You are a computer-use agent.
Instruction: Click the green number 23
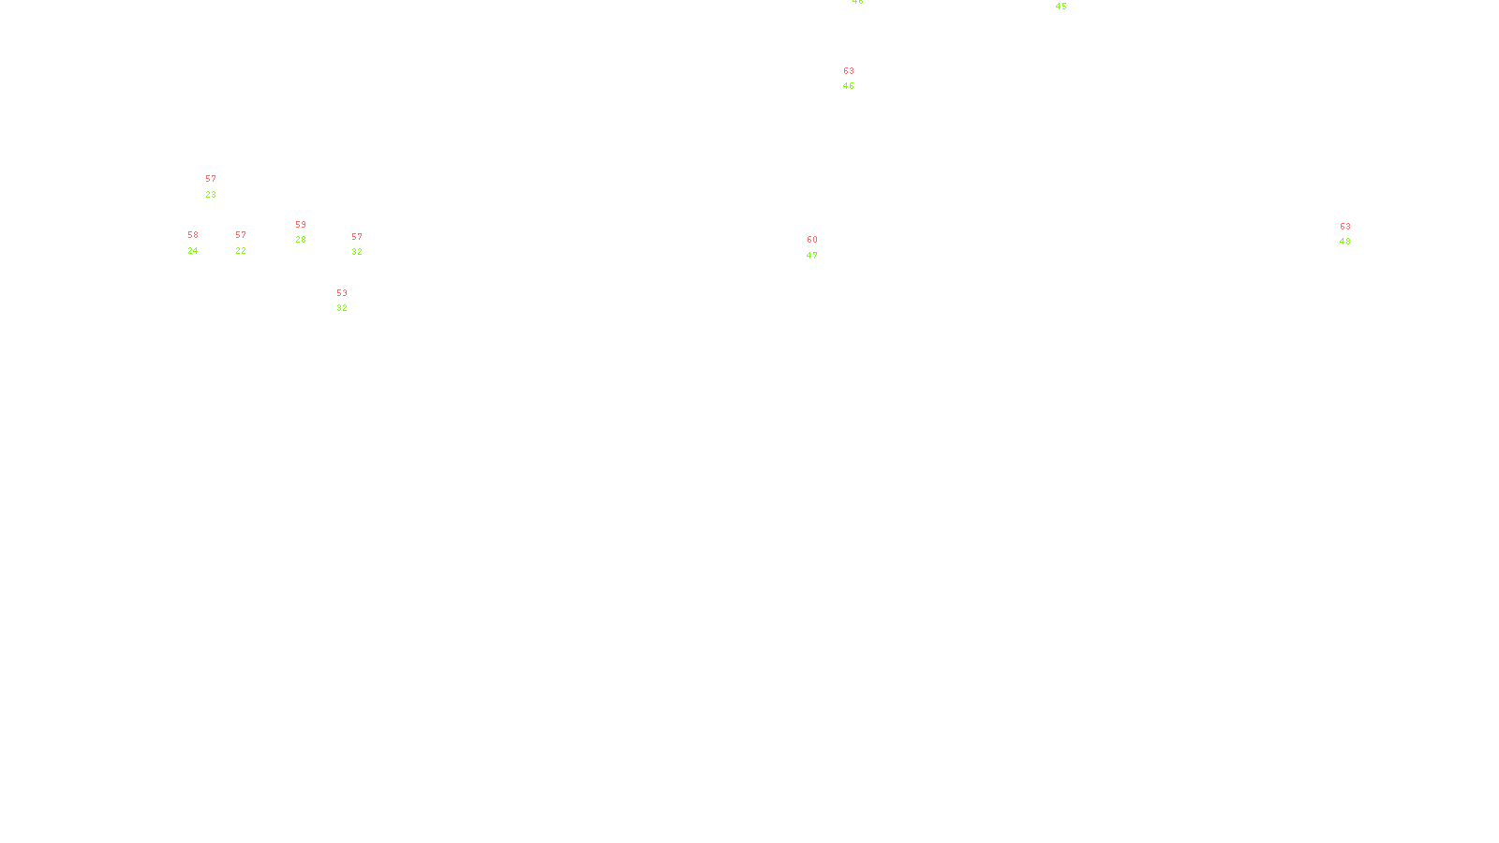[x=211, y=195]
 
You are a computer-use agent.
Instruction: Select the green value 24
[x=193, y=251]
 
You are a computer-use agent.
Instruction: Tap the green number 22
[x=241, y=251]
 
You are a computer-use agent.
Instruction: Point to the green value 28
[x=301, y=240]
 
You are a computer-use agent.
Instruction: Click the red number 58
[x=193, y=235]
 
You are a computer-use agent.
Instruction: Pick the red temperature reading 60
[x=812, y=240]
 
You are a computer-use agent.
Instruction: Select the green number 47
[x=812, y=256]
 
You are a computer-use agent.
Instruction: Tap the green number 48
[x=1345, y=242]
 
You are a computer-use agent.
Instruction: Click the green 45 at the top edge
[x=1061, y=7]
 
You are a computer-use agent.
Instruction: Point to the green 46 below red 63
[x=849, y=86]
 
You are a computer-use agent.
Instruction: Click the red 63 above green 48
[x=1345, y=227]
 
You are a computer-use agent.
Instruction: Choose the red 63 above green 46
[x=849, y=71]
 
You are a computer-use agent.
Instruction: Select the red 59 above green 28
[x=301, y=225]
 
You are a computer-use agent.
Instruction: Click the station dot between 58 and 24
[x=201, y=243]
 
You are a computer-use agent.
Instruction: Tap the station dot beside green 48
[x=1354, y=234]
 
